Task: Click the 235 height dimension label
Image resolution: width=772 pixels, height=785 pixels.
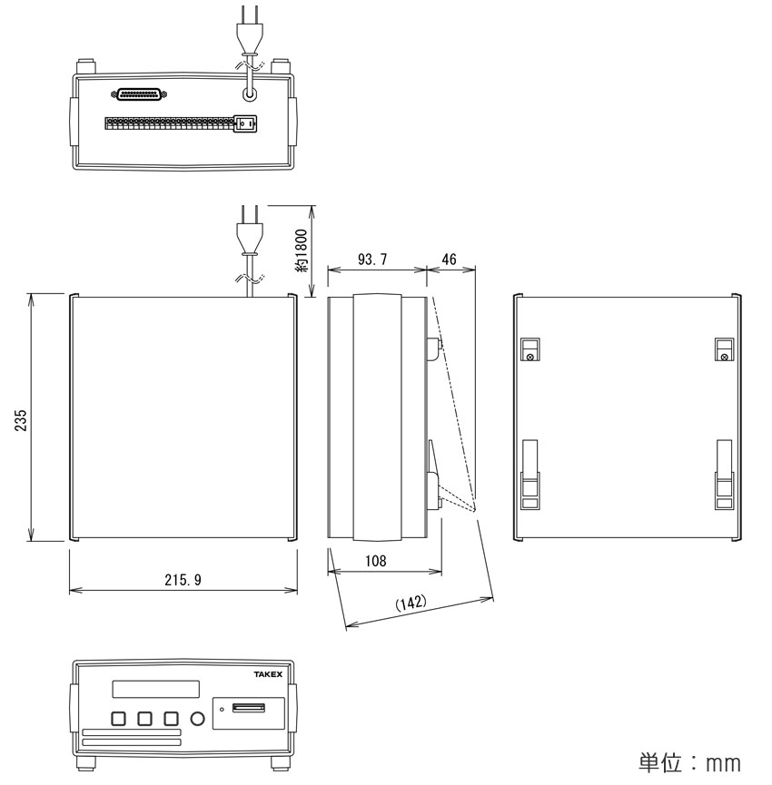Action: coord(21,420)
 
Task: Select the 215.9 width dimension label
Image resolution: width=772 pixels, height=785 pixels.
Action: coord(183,580)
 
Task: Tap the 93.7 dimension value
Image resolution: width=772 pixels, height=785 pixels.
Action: coord(372,260)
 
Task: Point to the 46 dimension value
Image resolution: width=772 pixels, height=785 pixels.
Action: coord(449,259)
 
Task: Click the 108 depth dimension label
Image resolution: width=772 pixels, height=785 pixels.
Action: coord(376,561)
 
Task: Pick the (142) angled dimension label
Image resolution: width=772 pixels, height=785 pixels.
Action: coord(411,603)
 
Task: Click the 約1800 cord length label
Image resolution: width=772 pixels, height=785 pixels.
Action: coord(302,250)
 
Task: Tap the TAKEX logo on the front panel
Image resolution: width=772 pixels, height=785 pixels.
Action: coord(268,674)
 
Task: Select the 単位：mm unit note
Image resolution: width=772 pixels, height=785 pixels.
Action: coord(689,762)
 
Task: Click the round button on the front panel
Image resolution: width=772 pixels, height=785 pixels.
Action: coord(198,720)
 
